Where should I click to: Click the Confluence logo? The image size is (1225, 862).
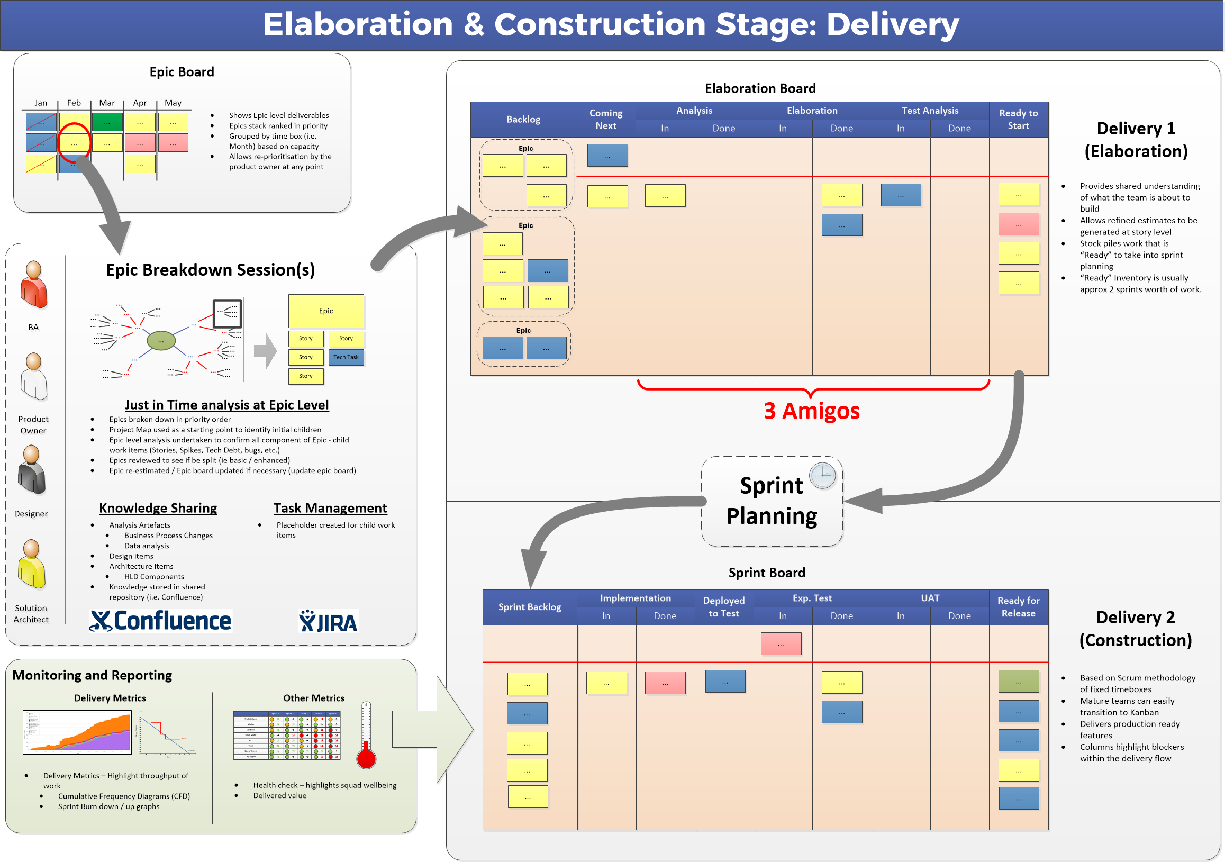pyautogui.click(x=160, y=621)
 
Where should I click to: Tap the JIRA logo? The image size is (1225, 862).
pyautogui.click(x=328, y=621)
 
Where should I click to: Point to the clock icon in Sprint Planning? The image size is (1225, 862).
pyautogui.click(x=823, y=475)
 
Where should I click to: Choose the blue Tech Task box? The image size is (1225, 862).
pyautogui.click(x=346, y=357)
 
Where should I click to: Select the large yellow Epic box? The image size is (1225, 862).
pyautogui.click(x=326, y=311)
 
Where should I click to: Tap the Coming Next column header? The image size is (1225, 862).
pyautogui.click(x=606, y=120)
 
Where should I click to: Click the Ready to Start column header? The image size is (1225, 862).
pyautogui.click(x=1019, y=120)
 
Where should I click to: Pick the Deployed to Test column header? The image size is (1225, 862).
pyautogui.click(x=724, y=607)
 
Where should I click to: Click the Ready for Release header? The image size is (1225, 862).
pyautogui.click(x=1019, y=607)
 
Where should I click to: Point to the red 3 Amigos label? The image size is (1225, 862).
pyautogui.click(x=812, y=411)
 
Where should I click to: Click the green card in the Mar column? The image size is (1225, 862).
pyautogui.click(x=107, y=122)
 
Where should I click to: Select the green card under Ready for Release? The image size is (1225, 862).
pyautogui.click(x=1019, y=682)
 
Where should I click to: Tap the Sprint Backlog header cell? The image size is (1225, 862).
pyautogui.click(x=530, y=607)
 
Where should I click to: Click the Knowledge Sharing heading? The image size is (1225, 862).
pyautogui.click(x=158, y=509)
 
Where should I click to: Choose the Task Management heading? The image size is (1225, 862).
pyautogui.click(x=330, y=509)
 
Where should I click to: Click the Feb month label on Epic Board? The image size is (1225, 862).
pyautogui.click(x=74, y=103)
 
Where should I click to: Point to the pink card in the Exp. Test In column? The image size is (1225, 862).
pyautogui.click(x=781, y=645)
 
